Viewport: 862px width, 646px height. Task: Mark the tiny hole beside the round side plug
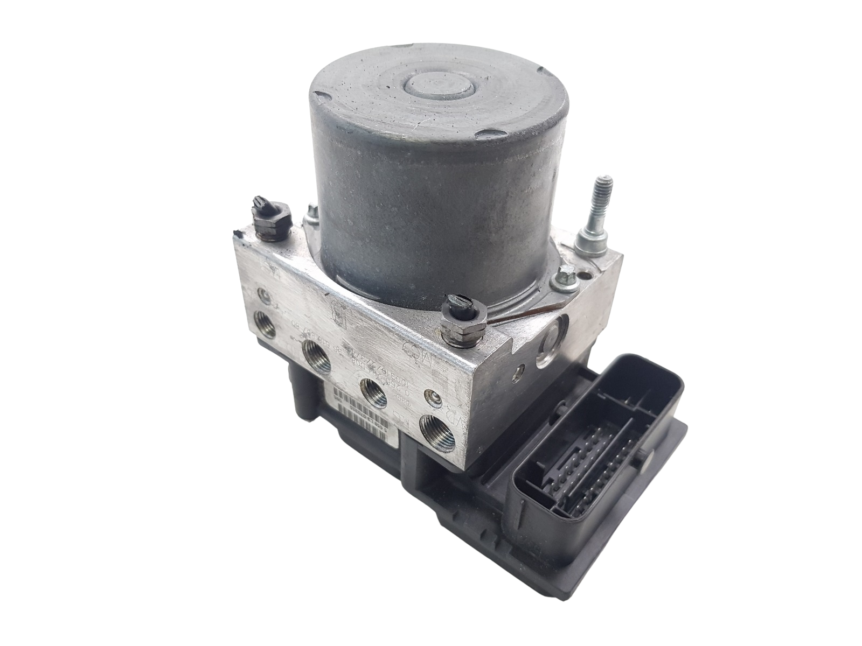click(x=520, y=370)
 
